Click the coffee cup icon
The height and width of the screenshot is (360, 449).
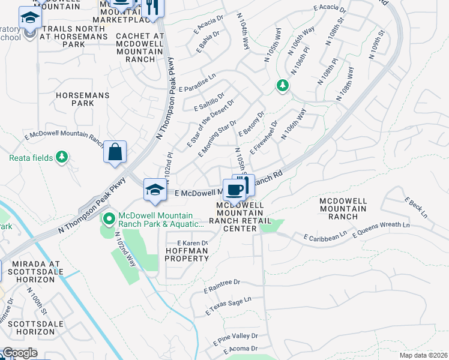tap(234, 190)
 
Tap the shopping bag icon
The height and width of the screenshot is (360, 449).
tap(115, 152)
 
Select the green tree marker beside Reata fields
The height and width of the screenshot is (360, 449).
tap(61, 157)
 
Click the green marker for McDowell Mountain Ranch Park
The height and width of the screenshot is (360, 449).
tap(109, 220)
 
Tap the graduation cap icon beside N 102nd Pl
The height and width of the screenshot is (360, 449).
tap(155, 190)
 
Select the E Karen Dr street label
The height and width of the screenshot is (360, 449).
tap(192, 243)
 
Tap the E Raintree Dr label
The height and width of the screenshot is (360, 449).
tap(221, 286)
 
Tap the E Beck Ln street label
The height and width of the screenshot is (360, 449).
tap(415, 207)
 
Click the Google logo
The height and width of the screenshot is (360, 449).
tap(19, 353)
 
